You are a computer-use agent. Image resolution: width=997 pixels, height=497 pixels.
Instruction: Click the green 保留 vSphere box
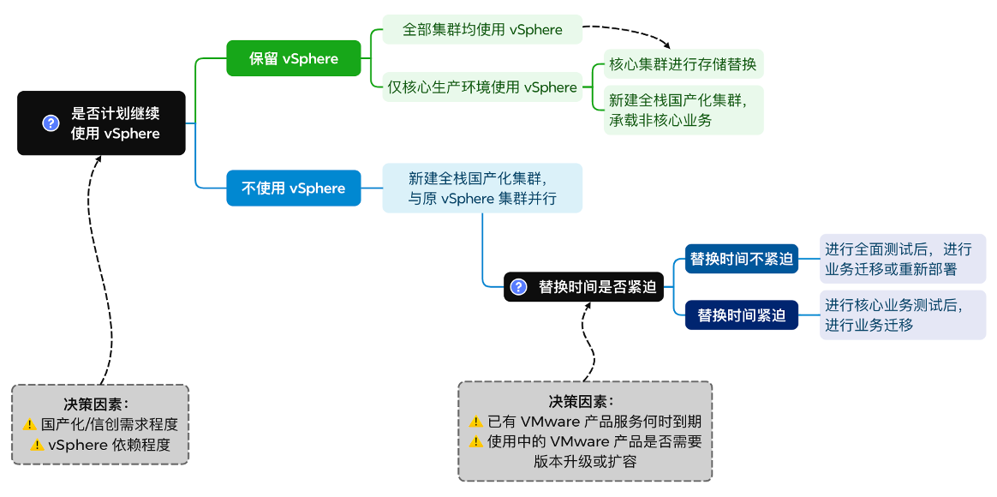pos(294,59)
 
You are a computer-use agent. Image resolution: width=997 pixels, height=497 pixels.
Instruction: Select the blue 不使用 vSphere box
pos(294,189)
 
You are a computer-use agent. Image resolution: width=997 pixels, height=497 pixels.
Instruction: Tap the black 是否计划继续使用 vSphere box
pos(101,123)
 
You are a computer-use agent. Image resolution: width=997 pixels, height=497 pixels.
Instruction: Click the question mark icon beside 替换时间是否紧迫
pos(518,287)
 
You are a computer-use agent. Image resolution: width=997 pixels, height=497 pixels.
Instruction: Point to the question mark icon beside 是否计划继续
pos(51,123)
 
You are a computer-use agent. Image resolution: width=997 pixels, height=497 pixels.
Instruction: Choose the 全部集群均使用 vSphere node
pos(482,30)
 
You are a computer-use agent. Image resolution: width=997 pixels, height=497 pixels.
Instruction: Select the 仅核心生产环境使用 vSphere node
pos(482,87)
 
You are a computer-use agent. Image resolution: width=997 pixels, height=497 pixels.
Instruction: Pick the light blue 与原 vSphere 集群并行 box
pos(482,189)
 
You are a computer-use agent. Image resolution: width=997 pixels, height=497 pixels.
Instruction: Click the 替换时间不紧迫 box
pos(742,259)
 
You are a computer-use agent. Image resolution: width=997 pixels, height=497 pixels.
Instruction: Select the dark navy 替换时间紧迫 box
pos(742,315)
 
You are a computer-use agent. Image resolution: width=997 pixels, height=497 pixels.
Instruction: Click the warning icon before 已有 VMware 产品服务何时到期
pos(475,422)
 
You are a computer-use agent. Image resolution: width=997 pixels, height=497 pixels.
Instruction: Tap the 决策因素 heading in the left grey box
pos(100,404)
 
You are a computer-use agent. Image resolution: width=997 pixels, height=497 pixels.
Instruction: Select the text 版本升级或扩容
pos(585,462)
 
